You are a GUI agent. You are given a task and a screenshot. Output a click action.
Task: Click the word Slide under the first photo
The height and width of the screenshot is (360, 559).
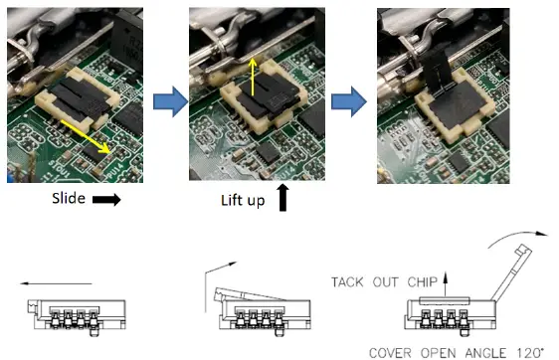[x=69, y=198]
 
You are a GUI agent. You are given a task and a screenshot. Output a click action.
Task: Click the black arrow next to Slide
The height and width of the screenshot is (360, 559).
[x=106, y=200]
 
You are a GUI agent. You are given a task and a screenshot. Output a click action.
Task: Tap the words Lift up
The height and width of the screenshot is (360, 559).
[x=243, y=201]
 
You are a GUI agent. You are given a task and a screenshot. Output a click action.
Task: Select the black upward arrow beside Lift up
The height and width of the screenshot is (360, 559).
[x=283, y=198]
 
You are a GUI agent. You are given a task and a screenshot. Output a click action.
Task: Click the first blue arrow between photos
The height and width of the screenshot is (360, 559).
[x=170, y=101]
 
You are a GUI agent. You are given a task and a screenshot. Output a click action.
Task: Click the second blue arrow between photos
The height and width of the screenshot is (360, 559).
[x=349, y=101]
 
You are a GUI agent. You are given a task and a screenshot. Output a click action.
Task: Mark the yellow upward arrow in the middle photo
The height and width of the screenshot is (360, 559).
[x=253, y=77]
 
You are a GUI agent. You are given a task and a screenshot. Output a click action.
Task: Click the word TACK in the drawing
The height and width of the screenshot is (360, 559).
[x=347, y=282]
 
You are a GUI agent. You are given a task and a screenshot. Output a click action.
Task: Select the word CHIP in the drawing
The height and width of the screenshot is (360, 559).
[x=422, y=282]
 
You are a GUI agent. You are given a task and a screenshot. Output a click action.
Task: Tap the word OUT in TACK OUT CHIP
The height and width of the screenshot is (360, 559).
[x=385, y=282]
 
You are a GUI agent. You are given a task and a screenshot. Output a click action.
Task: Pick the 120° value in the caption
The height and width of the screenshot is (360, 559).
[x=530, y=353]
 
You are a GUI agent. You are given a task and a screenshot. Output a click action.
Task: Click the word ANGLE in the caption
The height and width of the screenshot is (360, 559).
[x=485, y=353]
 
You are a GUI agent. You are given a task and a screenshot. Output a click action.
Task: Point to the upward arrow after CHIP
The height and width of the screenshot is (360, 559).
[x=445, y=284]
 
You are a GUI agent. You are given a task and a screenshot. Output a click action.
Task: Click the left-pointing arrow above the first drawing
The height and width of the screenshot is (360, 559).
[x=56, y=283]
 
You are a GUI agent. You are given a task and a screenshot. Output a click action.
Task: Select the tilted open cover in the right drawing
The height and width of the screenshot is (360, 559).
[x=512, y=272]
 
